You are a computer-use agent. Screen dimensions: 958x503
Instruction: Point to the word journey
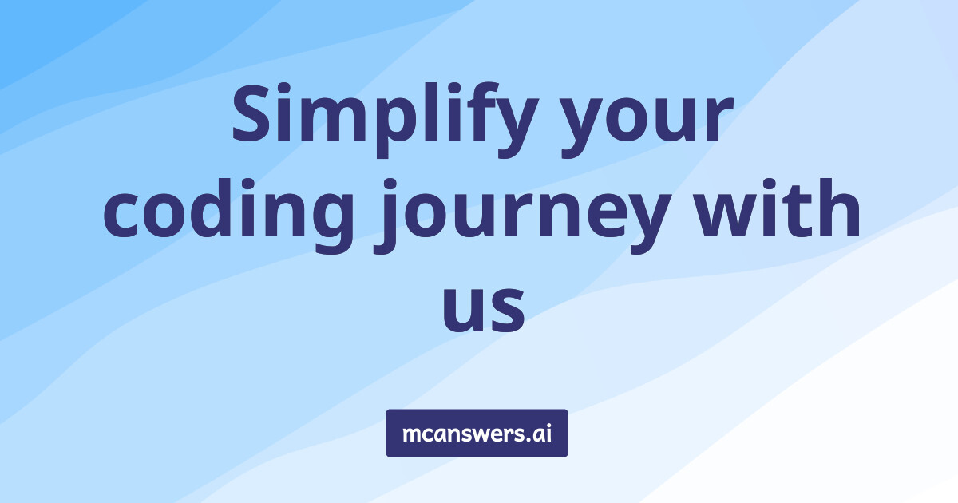point(523,217)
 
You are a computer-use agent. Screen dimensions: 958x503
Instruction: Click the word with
point(777,208)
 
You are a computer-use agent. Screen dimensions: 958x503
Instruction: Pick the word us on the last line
point(483,308)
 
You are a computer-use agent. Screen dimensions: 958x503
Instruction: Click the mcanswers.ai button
point(477,433)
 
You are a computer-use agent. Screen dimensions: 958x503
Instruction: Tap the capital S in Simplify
point(251,113)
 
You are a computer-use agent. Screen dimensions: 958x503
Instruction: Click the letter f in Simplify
point(474,111)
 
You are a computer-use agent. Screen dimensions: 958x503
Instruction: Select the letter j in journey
point(386,216)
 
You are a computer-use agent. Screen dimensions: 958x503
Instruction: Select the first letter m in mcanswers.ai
point(414,434)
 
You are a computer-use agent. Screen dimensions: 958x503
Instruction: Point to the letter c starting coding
point(121,215)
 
